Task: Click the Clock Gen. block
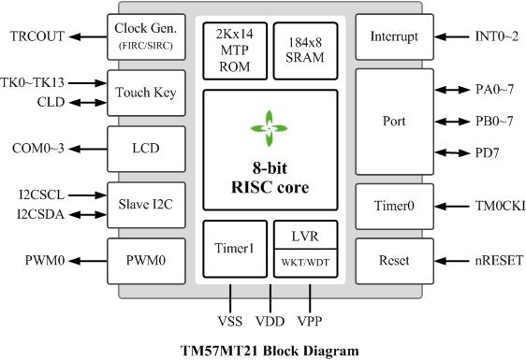click(x=146, y=36)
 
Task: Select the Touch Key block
click(x=146, y=93)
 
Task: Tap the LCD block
click(x=146, y=149)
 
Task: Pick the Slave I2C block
click(x=146, y=205)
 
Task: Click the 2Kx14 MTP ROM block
click(x=235, y=50)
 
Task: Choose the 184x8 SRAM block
click(x=305, y=50)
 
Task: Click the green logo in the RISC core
click(x=269, y=128)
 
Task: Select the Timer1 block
click(x=235, y=249)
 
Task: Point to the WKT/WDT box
click(x=305, y=263)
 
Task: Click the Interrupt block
click(x=395, y=36)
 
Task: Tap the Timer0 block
click(x=395, y=206)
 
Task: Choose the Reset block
click(x=395, y=261)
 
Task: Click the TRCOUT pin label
click(x=37, y=36)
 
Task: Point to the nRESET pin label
click(x=499, y=261)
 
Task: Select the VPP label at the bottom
click(x=310, y=321)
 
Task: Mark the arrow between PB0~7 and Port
click(x=452, y=122)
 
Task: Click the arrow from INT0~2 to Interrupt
click(x=451, y=36)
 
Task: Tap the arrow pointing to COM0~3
click(x=89, y=149)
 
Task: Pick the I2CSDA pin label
click(x=40, y=214)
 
